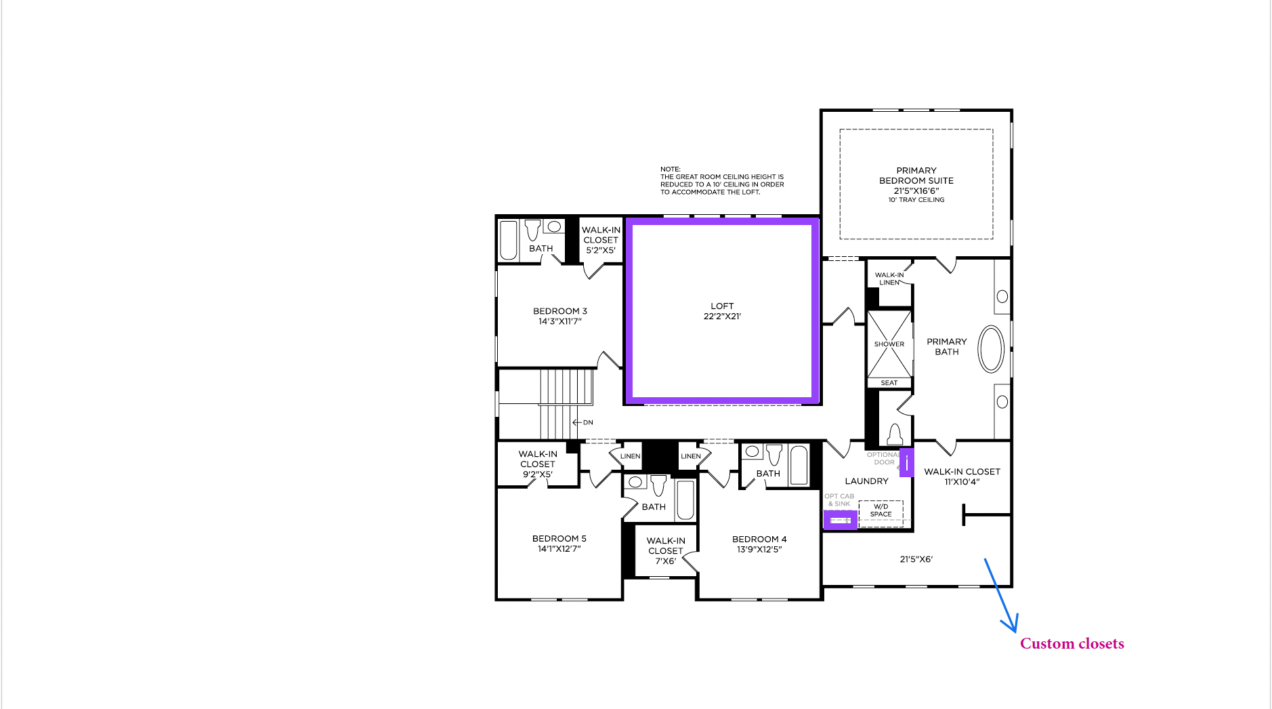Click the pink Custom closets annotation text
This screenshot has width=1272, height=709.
(x=1072, y=643)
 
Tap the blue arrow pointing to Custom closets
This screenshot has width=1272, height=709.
(x=1000, y=596)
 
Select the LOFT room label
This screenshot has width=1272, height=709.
(x=722, y=311)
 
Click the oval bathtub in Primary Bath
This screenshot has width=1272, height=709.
(x=991, y=349)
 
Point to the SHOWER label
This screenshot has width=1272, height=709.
(x=889, y=344)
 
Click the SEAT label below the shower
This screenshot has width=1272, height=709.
(x=889, y=383)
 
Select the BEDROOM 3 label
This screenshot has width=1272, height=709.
(x=560, y=316)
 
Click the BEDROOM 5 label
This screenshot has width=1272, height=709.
(x=559, y=544)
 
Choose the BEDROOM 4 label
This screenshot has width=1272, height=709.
(x=759, y=544)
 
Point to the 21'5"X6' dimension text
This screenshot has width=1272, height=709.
(x=916, y=559)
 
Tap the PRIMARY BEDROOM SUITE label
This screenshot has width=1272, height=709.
(x=916, y=185)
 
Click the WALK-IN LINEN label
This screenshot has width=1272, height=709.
(x=889, y=279)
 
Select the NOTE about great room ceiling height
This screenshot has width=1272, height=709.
(x=722, y=180)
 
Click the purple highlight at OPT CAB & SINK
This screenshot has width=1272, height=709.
(x=840, y=520)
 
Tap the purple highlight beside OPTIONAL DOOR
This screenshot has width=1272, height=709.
(x=906, y=462)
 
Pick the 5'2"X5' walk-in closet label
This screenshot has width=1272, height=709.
(x=601, y=240)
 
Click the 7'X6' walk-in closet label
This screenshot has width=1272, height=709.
(x=666, y=550)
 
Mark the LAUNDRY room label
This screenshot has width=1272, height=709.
(x=866, y=481)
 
